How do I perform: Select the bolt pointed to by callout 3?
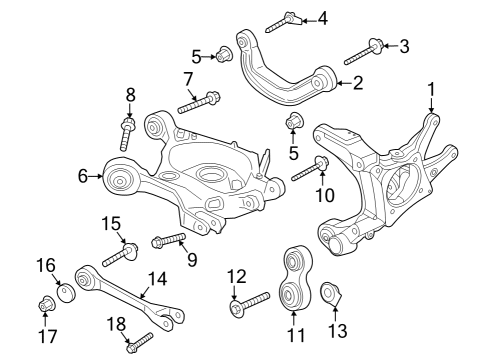(364, 49)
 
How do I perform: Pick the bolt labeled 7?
(200, 101)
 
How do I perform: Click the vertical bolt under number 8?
(128, 132)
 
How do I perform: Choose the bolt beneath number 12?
(250, 303)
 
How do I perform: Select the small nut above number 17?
(45, 304)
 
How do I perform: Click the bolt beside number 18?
(139, 342)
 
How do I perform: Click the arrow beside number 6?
(98, 177)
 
